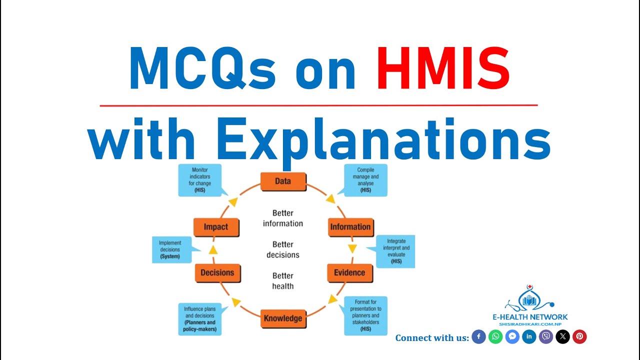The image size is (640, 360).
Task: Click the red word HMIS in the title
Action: tap(443, 68)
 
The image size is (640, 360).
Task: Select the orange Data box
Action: tap(283, 181)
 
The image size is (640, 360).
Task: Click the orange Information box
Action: tap(351, 227)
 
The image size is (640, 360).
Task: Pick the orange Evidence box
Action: tap(349, 273)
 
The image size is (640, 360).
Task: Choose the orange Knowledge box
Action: tap(283, 318)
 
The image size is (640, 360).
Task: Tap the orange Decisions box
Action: tap(217, 273)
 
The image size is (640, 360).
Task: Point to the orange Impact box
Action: tap(216, 227)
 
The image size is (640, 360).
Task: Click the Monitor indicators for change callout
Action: tap(200, 180)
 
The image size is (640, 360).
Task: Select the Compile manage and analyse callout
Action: tap(365, 180)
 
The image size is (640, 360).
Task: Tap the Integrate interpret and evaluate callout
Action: tap(395, 251)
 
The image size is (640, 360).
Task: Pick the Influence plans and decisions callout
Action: tap(200, 319)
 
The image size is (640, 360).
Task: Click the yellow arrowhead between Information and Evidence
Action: tap(352, 248)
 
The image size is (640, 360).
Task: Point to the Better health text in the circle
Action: tap(283, 281)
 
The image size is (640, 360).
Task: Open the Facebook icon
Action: tap(478, 336)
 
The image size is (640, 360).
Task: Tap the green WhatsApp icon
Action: tap(495, 336)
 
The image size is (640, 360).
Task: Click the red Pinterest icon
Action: tap(579, 336)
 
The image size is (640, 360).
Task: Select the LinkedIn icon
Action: tap(529, 336)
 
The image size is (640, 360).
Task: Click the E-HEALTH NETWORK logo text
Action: tap(530, 317)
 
